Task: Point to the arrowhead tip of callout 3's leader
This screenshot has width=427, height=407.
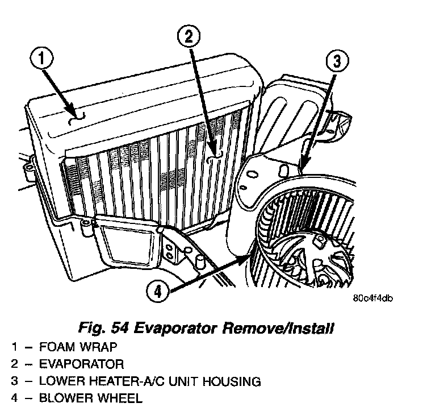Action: click(302, 168)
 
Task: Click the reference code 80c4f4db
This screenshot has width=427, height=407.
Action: click(372, 298)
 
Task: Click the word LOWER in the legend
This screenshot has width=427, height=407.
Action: click(61, 380)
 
